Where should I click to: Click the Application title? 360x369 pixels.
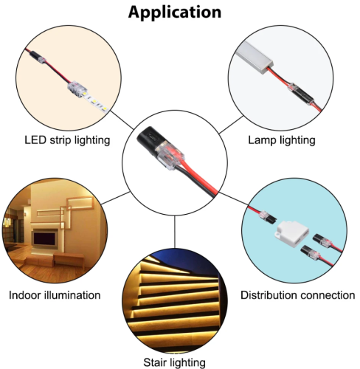point(175,13)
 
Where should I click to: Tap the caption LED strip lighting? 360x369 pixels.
point(67,140)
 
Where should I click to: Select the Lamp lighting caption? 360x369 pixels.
point(282,140)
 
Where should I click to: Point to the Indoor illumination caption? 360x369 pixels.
point(55,295)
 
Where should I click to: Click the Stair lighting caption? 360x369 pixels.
point(174,362)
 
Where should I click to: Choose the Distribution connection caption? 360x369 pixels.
point(298,295)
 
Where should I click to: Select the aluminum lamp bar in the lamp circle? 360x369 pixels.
point(255,57)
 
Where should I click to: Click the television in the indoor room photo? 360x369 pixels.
point(45,239)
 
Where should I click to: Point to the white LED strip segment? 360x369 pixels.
point(96,103)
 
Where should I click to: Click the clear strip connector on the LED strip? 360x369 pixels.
point(77,89)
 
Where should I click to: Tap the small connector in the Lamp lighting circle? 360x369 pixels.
point(301,94)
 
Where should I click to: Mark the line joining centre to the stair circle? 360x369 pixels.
point(175,232)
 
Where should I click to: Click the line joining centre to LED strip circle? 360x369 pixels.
point(122,120)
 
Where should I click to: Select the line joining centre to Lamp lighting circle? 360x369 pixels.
point(231,125)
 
